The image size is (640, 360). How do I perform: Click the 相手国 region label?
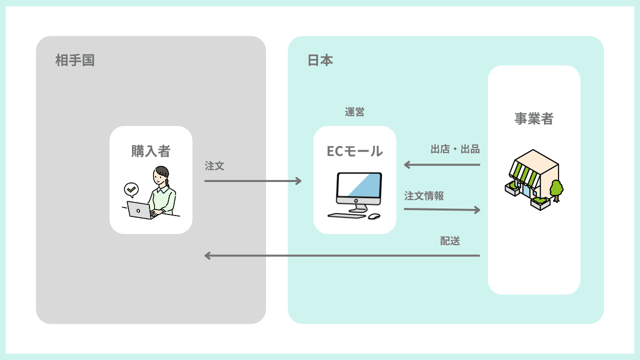click(75, 61)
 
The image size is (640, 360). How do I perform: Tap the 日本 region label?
click(320, 61)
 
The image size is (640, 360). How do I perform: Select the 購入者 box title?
click(151, 151)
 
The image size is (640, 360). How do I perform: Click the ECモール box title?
click(354, 151)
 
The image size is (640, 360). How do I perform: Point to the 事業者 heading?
click(534, 118)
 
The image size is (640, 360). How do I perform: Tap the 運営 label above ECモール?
click(354, 112)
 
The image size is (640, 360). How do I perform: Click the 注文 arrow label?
click(214, 166)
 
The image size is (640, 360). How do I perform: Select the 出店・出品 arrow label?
click(455, 149)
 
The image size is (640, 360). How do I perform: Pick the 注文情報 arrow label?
click(424, 196)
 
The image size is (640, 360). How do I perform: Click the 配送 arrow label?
click(450, 241)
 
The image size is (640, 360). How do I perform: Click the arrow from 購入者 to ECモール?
click(253, 180)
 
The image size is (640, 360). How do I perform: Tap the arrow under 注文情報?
click(442, 209)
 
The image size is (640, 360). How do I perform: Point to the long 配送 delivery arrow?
click(342, 255)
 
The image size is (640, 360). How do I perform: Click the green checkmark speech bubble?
click(131, 189)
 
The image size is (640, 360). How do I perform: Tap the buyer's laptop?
click(139, 210)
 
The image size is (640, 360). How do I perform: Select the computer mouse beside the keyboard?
click(374, 216)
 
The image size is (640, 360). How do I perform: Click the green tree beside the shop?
click(556, 189)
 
